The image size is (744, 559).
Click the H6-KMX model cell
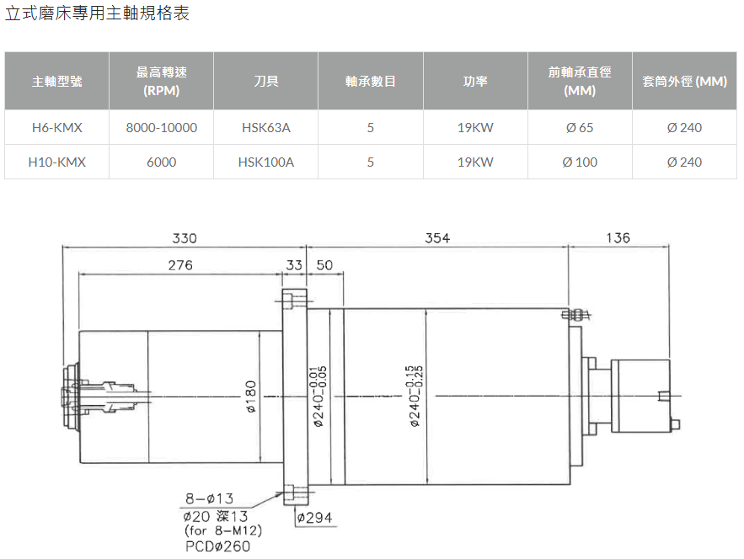(57, 127)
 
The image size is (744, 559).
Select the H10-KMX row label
(57, 162)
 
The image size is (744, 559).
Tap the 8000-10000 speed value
(161, 127)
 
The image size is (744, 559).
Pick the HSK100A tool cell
(266, 162)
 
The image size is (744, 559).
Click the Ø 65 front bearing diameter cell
(580, 127)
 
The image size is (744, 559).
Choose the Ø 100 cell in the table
(580, 162)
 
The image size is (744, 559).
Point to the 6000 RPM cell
(161, 162)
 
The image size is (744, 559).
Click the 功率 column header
(475, 81)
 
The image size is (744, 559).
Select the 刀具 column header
(266, 81)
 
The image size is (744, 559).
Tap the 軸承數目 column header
(371, 81)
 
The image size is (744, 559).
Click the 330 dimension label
(184, 238)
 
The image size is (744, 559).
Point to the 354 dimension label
(437, 238)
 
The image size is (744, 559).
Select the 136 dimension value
(618, 238)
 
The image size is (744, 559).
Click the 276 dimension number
(180, 265)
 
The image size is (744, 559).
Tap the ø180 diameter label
(251, 397)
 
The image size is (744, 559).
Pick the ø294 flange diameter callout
(314, 517)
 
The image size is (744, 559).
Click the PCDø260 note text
(217, 546)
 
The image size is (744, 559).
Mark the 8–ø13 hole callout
(209, 498)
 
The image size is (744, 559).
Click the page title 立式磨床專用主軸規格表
(97, 13)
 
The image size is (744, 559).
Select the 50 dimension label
(324, 265)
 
